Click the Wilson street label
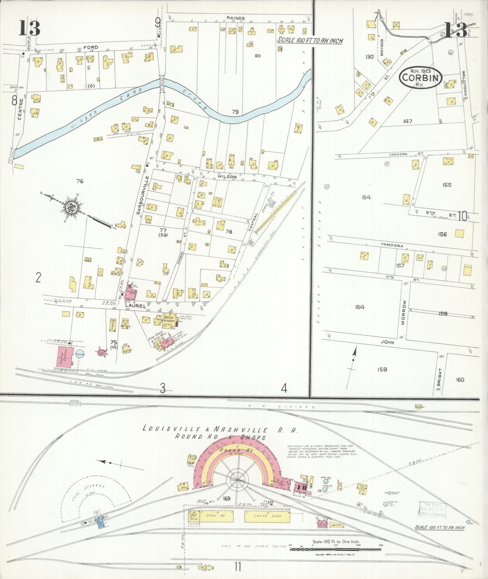[230, 176]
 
